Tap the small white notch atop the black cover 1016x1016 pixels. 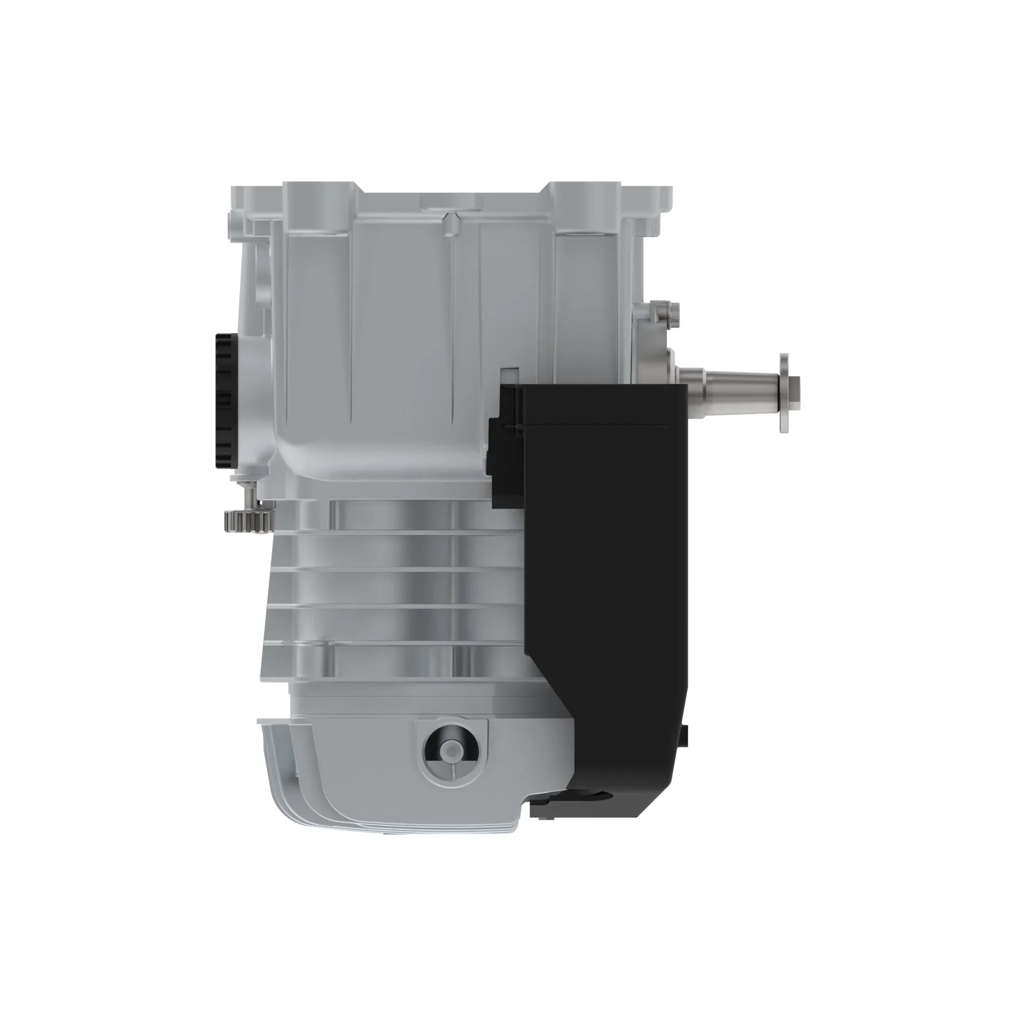point(509,374)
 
